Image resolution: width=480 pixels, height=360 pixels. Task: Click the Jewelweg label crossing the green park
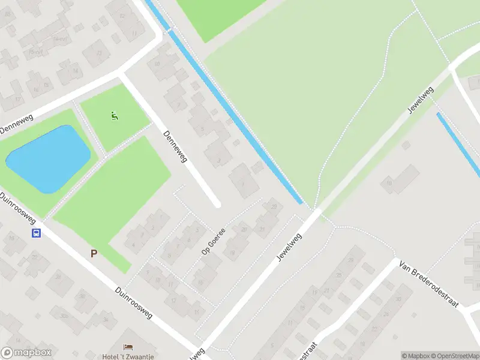click(x=419, y=100)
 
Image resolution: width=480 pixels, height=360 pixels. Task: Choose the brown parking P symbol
click(x=94, y=254)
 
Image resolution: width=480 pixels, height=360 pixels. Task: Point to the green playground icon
click(x=114, y=115)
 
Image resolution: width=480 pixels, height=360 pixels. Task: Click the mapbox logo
click(x=26, y=353)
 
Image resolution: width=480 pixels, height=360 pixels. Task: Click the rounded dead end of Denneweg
click(x=216, y=203)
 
